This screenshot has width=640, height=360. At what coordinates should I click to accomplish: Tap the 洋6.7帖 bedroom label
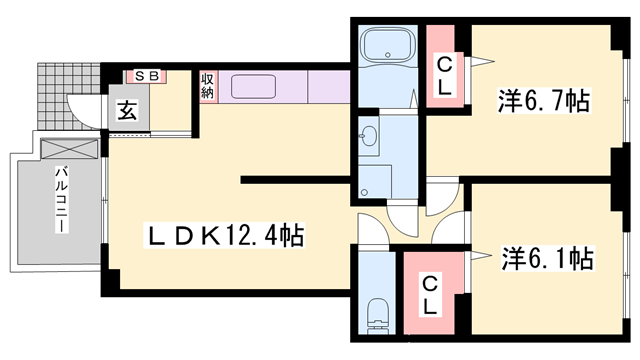tap(543, 100)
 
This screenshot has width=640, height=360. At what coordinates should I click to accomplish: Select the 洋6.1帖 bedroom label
tap(546, 259)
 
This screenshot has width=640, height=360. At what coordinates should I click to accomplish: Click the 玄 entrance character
tap(129, 111)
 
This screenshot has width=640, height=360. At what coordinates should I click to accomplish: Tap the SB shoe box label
tap(146, 76)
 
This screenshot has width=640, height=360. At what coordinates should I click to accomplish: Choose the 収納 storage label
tap(207, 85)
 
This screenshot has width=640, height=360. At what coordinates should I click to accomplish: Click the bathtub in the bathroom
tap(390, 47)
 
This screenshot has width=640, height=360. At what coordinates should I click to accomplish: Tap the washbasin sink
tap(369, 136)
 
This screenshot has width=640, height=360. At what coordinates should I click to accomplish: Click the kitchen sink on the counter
tap(259, 85)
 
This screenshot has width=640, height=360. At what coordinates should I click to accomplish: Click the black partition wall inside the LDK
tap(296, 182)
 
